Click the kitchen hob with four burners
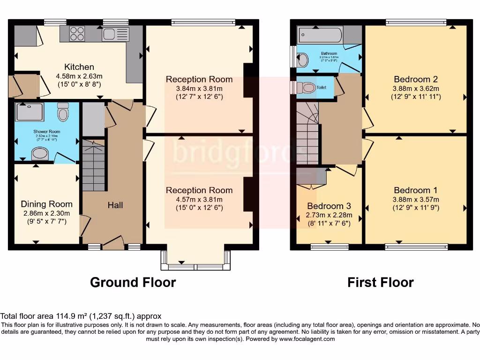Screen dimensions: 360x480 tap(77, 34)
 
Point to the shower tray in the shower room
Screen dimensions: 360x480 tap(30, 112)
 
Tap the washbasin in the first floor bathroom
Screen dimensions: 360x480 tap(303, 60)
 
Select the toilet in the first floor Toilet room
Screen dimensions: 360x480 tap(307, 87)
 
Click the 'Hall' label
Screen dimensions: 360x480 tap(115, 205)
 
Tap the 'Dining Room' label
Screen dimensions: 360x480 tap(46, 204)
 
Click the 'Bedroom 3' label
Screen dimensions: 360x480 tap(329, 206)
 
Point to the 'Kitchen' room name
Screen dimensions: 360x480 tap(79, 67)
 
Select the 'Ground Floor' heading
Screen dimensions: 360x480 tap(133, 283)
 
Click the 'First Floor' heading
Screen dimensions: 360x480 tap(380, 283)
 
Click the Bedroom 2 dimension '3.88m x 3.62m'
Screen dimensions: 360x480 tap(416, 89)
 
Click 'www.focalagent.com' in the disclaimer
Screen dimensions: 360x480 tap(305, 339)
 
